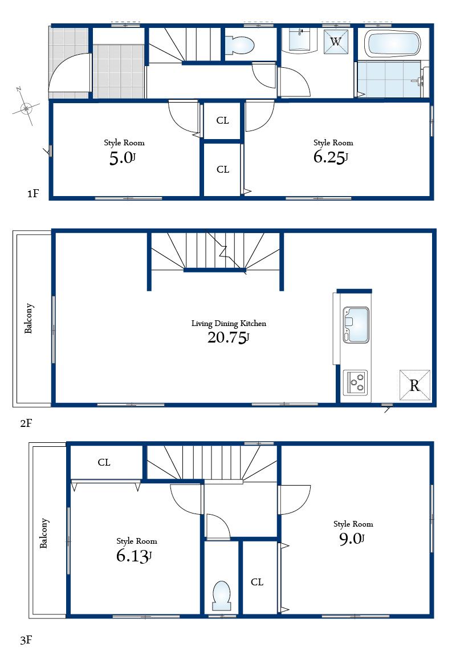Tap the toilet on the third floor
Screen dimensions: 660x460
[x=221, y=595]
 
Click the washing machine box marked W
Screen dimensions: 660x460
[x=336, y=41]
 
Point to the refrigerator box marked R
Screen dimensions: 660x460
[x=414, y=386]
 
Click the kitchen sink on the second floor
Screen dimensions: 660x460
[x=356, y=325]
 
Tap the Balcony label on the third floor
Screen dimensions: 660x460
[x=44, y=533]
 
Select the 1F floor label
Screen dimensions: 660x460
[x=32, y=194]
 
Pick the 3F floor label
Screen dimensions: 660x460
[x=26, y=640]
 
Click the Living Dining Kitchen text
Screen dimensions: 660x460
[x=229, y=323]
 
